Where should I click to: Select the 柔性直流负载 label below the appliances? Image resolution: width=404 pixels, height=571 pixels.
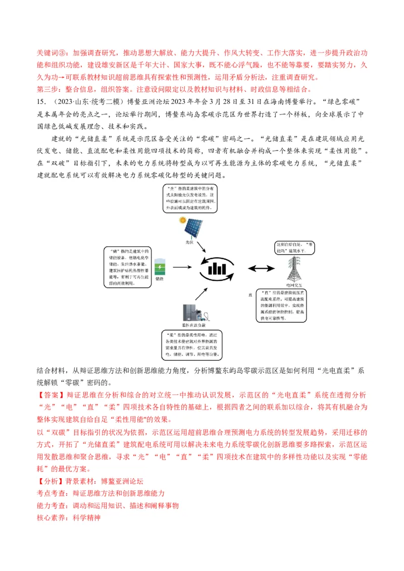[x=191, y=326]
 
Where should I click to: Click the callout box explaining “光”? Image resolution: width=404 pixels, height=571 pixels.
[x=191, y=198]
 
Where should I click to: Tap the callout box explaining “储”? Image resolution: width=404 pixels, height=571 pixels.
[x=127, y=267]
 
